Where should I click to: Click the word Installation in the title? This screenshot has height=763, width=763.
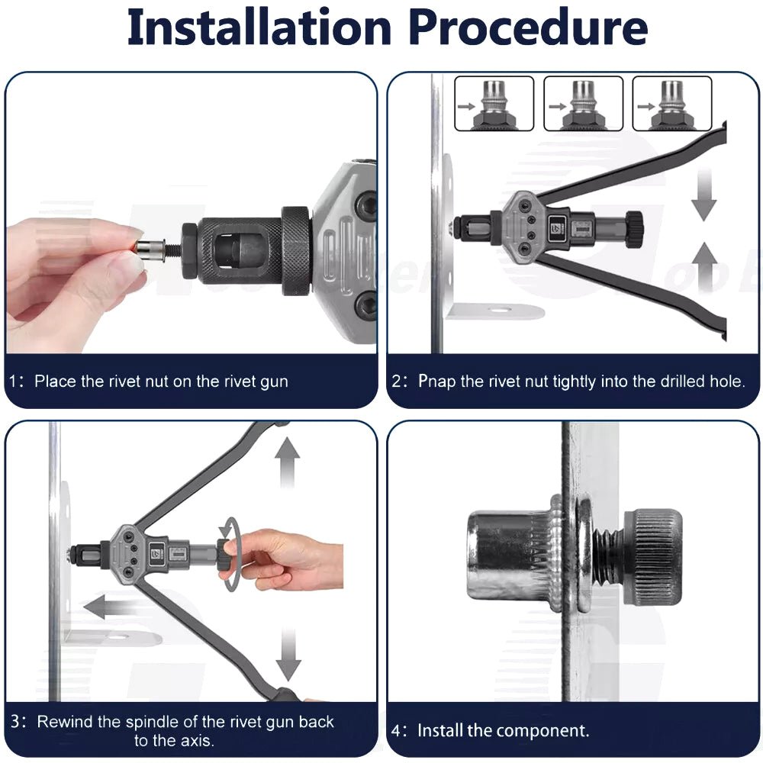tap(259, 27)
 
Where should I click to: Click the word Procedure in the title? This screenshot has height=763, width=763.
tap(529, 27)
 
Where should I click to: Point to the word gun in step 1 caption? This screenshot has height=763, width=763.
tap(275, 382)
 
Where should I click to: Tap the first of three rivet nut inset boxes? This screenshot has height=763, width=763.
tap(494, 104)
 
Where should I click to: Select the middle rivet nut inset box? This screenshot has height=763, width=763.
tap(583, 104)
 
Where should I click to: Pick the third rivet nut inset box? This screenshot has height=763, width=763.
tap(672, 104)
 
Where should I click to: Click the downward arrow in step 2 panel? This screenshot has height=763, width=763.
tap(703, 194)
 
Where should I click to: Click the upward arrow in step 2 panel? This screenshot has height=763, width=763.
tap(703, 268)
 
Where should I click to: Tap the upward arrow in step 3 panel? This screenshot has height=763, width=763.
tap(287, 462)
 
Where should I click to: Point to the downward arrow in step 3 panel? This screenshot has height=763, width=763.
tap(288, 655)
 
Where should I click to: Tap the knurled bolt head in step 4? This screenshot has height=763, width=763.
tap(653, 558)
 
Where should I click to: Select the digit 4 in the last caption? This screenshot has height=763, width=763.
tap(397, 732)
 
